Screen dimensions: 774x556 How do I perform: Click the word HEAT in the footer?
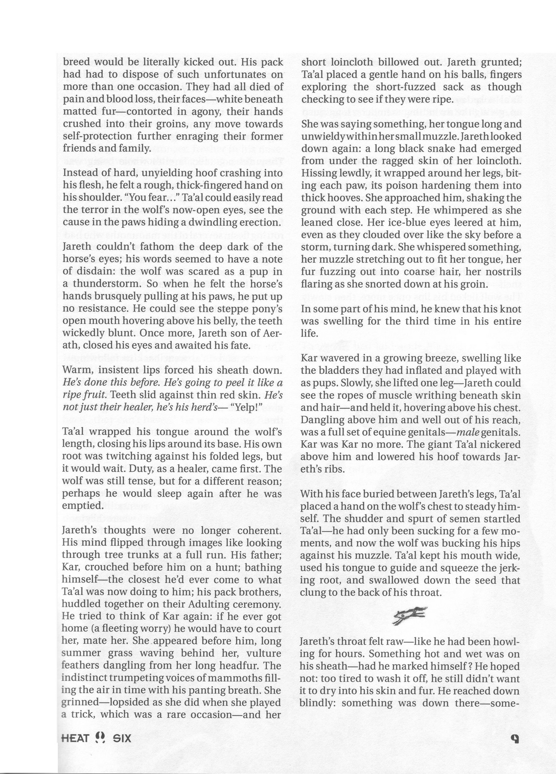point(75,737)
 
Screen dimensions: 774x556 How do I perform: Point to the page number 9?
point(514,738)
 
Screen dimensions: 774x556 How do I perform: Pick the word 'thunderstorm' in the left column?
point(103,284)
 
